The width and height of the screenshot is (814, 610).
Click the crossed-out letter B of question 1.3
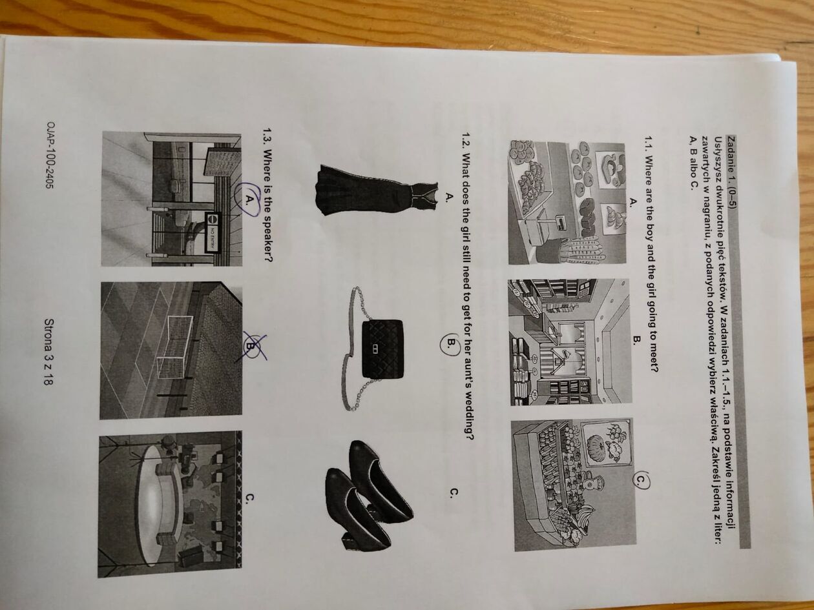[251, 345]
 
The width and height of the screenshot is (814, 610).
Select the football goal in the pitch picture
[174, 347]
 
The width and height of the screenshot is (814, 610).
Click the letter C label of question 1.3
[250, 498]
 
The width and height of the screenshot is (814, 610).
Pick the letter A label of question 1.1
[633, 201]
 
